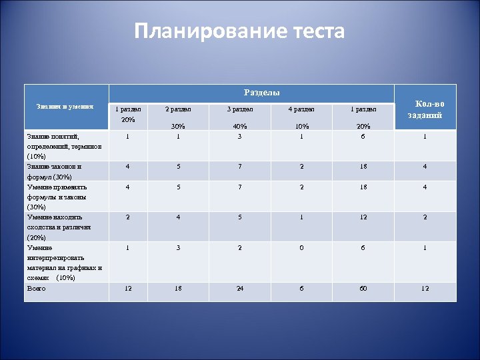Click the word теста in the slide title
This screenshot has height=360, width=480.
[x=318, y=31]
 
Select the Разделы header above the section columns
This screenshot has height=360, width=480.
[x=261, y=92]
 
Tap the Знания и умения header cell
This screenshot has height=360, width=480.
[x=65, y=106]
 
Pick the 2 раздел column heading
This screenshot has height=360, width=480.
[x=178, y=109]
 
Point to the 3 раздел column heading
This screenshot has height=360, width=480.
[x=240, y=109]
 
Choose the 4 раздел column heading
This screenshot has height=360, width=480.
[x=301, y=109]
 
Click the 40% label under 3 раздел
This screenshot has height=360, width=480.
[x=240, y=126]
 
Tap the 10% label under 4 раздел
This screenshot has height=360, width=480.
[x=301, y=126]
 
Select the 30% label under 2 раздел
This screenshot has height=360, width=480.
[x=178, y=126]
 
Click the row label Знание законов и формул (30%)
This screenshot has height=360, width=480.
[x=54, y=171]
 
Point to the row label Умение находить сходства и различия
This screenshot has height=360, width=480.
[x=59, y=227]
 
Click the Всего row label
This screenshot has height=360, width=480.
[x=37, y=288]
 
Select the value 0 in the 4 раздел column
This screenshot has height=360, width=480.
[x=301, y=247]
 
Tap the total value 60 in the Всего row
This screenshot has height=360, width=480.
[x=363, y=288]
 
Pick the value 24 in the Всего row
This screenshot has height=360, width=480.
[x=240, y=288]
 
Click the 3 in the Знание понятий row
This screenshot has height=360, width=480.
[x=240, y=136]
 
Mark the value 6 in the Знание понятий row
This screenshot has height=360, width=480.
[x=363, y=136]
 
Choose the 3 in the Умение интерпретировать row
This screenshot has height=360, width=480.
[x=178, y=247]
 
